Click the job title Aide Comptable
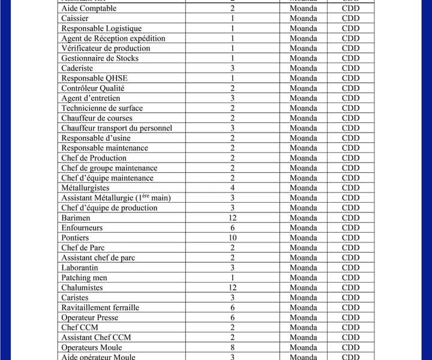tap(89, 8)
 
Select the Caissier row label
tap(75, 19)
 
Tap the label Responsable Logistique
tap(101, 28)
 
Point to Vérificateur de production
tap(106, 48)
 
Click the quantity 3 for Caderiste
tap(232, 68)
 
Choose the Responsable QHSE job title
tap(94, 78)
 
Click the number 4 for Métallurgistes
tap(232, 188)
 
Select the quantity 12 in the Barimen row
tap(232, 218)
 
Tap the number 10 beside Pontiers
tap(232, 238)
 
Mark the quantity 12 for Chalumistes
tap(232, 287)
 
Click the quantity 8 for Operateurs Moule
tap(232, 347)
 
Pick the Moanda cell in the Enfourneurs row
tap(304, 228)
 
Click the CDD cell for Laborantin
tap(351, 268)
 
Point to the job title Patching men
tap(85, 278)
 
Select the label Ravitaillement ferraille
tap(100, 308)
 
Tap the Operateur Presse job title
tap(89, 317)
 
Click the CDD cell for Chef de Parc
tap(351, 248)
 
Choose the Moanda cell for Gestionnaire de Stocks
tap(304, 58)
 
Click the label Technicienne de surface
tap(102, 108)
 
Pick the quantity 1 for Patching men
tap(232, 278)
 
